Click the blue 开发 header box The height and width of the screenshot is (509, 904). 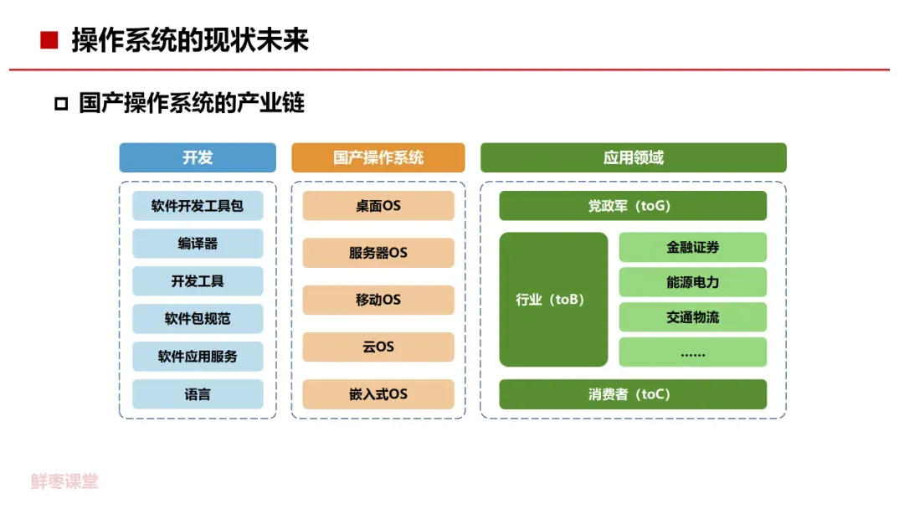[x=198, y=157]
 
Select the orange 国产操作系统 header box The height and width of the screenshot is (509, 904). [x=378, y=157]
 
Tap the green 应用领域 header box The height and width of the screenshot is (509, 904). [x=634, y=157]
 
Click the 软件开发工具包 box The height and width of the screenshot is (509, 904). [x=198, y=206]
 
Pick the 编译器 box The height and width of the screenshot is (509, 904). [x=198, y=244]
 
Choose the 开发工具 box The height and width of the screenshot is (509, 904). [x=198, y=281]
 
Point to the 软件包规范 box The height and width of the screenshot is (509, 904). [x=198, y=319]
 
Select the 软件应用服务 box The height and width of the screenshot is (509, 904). [x=198, y=357]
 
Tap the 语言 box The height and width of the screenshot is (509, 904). [x=198, y=394]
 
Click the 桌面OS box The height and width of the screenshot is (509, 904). [x=378, y=206]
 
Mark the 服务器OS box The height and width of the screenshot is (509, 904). [x=378, y=253]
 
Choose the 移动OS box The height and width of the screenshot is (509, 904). [x=378, y=300]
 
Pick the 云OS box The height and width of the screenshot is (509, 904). [x=378, y=347]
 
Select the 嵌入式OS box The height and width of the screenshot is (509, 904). [x=378, y=394]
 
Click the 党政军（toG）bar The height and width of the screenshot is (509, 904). [x=633, y=206]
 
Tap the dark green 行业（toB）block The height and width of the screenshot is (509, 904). [x=553, y=300]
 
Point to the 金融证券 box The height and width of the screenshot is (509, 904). [x=693, y=248]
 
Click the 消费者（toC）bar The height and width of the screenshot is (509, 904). [x=633, y=394]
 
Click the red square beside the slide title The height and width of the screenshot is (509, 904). [x=49, y=40]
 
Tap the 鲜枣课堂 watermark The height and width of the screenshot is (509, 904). [x=65, y=481]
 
